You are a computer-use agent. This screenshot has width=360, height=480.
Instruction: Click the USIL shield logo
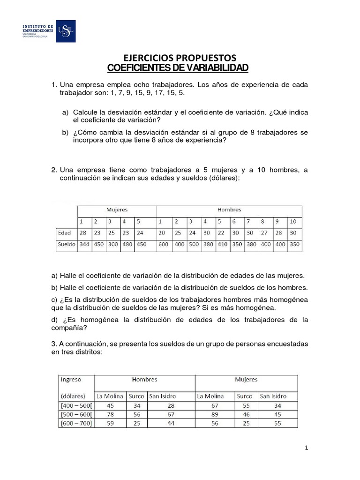65,31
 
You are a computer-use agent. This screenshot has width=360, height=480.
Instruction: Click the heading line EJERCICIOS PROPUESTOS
180,58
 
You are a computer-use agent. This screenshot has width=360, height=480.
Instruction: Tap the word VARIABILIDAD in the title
218,68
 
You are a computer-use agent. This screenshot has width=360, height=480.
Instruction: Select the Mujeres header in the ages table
117,210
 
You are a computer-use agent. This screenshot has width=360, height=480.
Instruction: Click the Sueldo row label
66,245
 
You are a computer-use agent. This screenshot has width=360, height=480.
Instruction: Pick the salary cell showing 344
84,245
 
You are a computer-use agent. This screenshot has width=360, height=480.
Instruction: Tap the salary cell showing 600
164,245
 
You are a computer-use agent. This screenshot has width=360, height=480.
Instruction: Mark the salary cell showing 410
222,245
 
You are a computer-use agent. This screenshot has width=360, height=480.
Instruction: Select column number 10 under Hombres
293,221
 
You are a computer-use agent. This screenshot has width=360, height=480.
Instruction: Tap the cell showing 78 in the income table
111,414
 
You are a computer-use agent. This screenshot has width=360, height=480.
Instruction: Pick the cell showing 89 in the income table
215,414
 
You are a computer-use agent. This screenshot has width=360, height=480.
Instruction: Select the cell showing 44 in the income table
171,423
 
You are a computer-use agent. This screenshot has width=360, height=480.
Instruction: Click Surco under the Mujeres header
245,396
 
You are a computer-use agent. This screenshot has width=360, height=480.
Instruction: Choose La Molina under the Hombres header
110,396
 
